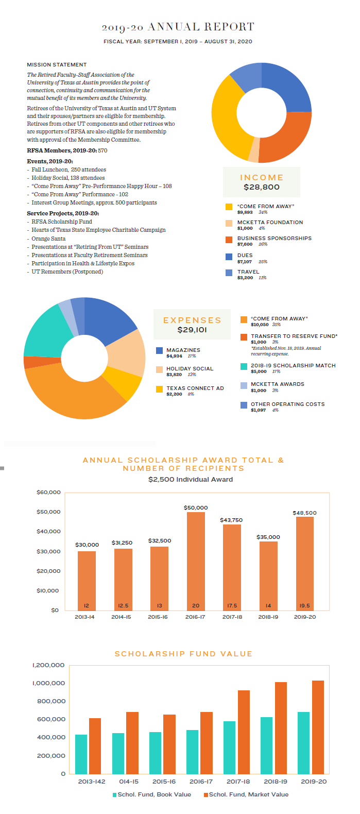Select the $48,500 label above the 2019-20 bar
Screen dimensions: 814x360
coord(304,513)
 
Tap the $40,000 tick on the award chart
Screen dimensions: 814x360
coord(48,532)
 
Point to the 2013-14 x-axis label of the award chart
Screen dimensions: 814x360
coord(84,617)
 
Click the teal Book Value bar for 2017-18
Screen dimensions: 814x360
coord(229,747)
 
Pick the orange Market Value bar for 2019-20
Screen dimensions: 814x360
coord(318,726)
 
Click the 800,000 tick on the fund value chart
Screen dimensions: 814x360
coord(51,701)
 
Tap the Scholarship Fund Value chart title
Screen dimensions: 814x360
coord(183,654)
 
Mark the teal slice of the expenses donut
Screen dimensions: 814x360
coord(41,330)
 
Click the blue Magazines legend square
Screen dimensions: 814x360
coord(159,350)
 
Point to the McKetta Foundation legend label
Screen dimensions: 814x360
coord(270,223)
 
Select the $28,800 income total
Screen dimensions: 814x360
coord(261,187)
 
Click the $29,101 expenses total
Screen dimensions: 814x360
coord(192,330)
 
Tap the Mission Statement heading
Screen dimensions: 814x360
coord(57,65)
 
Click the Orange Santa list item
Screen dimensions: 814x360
coord(48,239)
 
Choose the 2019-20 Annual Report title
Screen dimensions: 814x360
coord(178,27)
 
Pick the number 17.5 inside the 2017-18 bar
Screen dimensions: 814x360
coord(232,606)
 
